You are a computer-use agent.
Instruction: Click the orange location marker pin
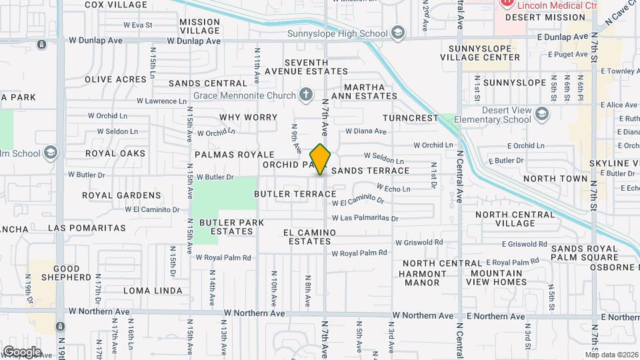[x=321, y=159]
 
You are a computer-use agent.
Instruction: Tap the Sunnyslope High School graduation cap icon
[x=398, y=33]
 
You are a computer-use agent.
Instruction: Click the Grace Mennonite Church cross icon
[x=306, y=95]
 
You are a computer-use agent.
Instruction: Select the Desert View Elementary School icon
[x=541, y=115]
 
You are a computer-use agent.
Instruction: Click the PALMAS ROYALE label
[x=225, y=154]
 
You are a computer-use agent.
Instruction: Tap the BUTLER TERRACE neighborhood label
[x=295, y=194]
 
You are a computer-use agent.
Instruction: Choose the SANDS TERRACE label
[x=370, y=171]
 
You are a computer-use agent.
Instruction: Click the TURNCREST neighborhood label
[x=411, y=118]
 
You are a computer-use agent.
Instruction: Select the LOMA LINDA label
[x=153, y=291]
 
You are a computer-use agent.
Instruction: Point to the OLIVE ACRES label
[x=115, y=79]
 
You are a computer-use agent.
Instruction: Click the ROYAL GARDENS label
[x=121, y=195]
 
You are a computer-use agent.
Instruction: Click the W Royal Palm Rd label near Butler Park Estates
[x=227, y=257]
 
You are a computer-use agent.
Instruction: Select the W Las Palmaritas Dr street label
[x=365, y=218]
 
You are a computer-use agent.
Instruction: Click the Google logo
[x=22, y=351]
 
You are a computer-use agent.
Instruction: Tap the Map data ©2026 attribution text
[x=611, y=355]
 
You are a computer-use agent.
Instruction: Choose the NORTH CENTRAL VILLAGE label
[x=514, y=219]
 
